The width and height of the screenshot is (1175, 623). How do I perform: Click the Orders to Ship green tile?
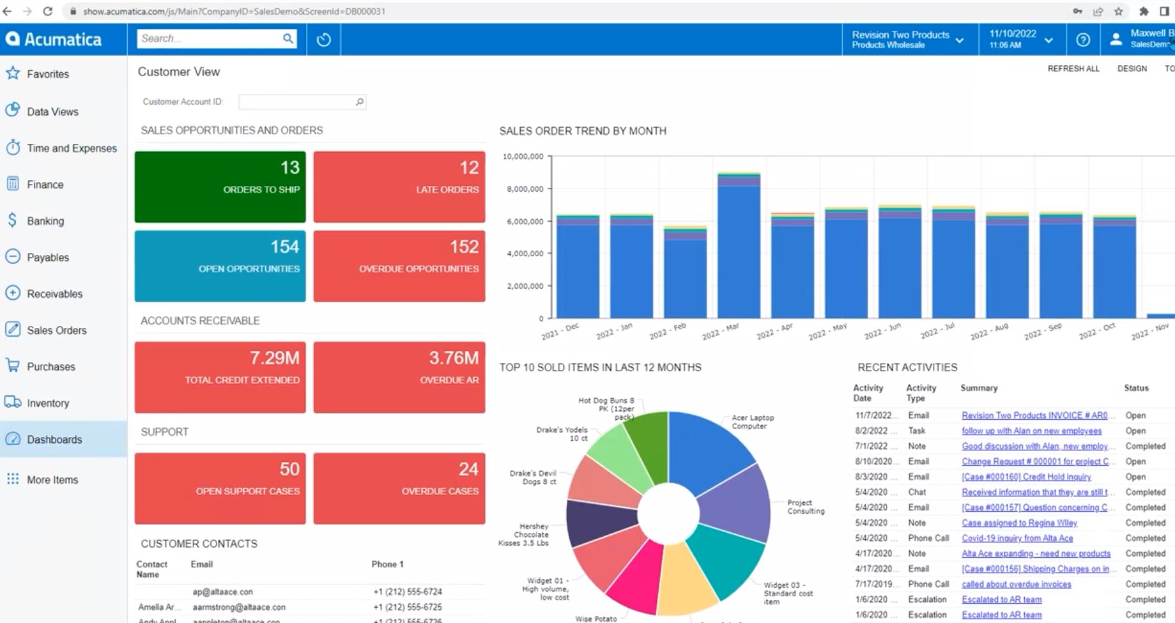click(x=220, y=187)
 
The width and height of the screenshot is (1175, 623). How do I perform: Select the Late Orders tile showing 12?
click(x=399, y=187)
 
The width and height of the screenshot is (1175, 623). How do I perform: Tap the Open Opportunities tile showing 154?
click(x=220, y=266)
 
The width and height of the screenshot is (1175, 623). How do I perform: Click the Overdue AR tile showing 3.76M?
click(x=399, y=377)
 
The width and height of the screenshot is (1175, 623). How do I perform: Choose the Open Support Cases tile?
click(x=220, y=488)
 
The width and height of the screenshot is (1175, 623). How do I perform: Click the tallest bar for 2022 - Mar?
click(x=739, y=249)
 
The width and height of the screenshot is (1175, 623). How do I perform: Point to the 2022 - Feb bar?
click(x=685, y=275)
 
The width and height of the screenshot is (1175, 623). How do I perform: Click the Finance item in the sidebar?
click(x=45, y=185)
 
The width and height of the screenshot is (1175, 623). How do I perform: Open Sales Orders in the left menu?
click(x=56, y=330)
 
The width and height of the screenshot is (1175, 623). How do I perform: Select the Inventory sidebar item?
click(x=48, y=403)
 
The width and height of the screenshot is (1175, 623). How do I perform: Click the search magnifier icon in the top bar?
click(x=288, y=39)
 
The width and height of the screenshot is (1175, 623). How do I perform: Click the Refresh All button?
click(x=1073, y=69)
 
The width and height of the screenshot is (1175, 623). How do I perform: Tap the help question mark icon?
click(x=1083, y=40)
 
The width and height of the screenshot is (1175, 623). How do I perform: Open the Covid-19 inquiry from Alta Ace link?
click(x=1017, y=538)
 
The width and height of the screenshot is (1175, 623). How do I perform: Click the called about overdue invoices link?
click(x=1016, y=584)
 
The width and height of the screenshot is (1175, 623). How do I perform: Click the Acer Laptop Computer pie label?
click(x=752, y=422)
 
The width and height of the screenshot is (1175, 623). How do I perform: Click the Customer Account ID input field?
click(x=297, y=102)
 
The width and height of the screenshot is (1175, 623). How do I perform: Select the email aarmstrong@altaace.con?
click(x=239, y=607)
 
